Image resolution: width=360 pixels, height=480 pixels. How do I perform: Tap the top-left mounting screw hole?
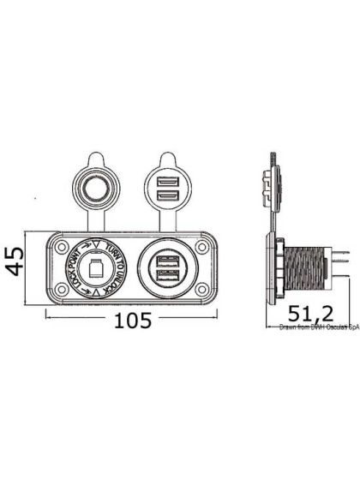pos(62,246)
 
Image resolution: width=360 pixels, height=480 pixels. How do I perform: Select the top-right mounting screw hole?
pos(200,246)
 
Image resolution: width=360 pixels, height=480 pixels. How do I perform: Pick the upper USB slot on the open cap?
pos(165,182)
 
